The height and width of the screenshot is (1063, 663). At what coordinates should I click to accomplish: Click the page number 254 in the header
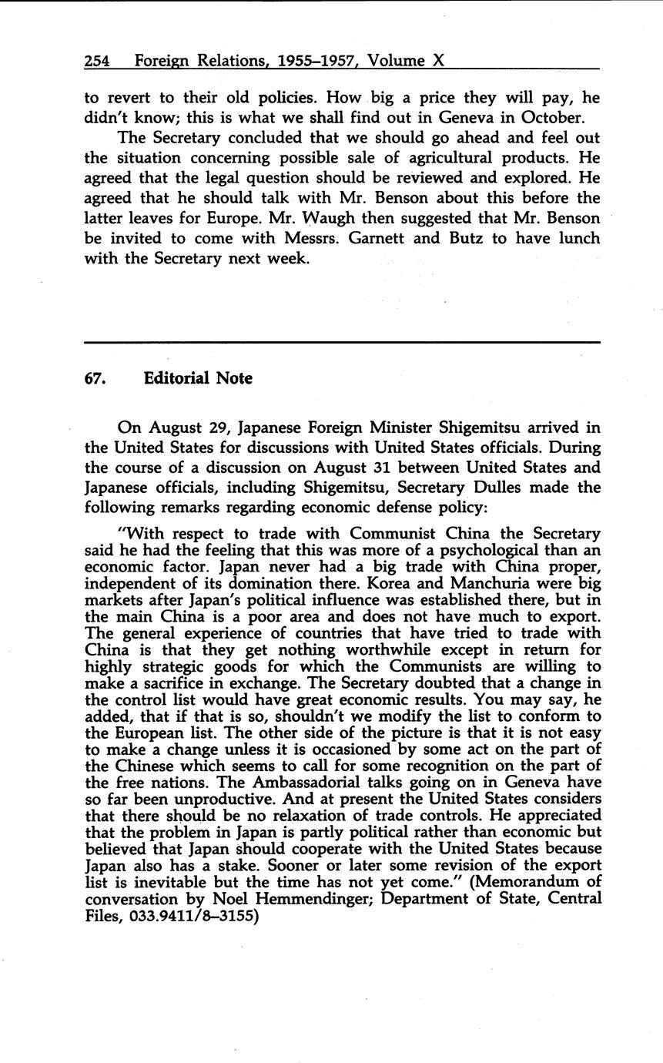pyautogui.click(x=97, y=61)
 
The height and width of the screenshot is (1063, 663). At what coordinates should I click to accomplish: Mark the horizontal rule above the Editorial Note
pyautogui.click(x=341, y=341)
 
